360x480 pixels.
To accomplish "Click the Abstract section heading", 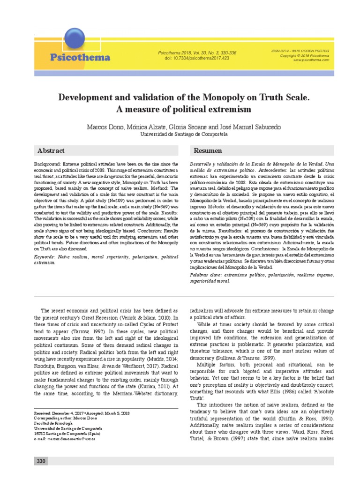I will pos(51,150).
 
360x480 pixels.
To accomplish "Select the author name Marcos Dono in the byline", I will pos(105,127).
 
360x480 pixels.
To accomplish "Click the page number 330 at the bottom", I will pos(41,462).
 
